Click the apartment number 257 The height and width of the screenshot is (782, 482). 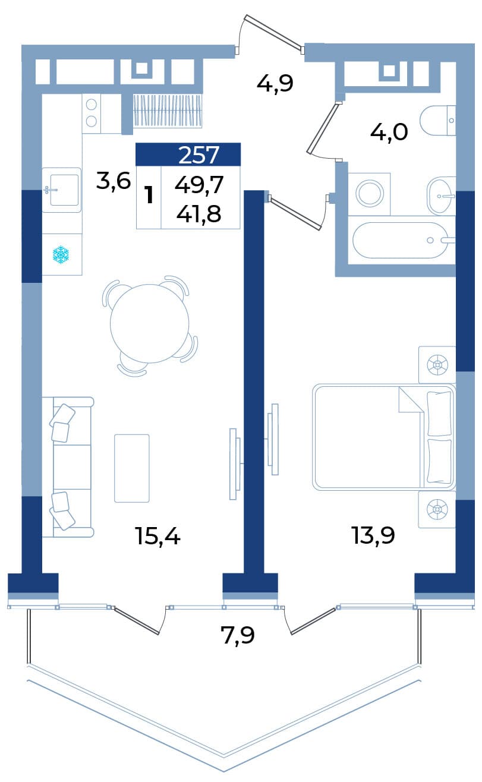pyautogui.click(x=199, y=154)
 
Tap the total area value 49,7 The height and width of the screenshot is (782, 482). pyautogui.click(x=199, y=185)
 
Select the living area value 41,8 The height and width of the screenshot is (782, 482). pyautogui.click(x=199, y=214)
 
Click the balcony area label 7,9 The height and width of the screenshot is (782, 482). pyautogui.click(x=238, y=635)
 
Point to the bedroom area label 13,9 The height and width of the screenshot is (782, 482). pyautogui.click(x=373, y=535)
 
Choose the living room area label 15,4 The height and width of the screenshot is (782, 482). pyautogui.click(x=157, y=536)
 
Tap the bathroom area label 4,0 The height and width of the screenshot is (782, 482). pyautogui.click(x=389, y=133)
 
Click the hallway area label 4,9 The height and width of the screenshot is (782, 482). pyautogui.click(x=275, y=84)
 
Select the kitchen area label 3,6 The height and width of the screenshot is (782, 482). pyautogui.click(x=114, y=181)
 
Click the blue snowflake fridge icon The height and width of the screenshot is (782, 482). pyautogui.click(x=61, y=254)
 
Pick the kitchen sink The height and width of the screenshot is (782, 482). pyautogui.click(x=61, y=190)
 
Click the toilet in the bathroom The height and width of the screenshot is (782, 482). pyautogui.click(x=438, y=121)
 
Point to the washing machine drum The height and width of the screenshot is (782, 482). pyautogui.click(x=370, y=193)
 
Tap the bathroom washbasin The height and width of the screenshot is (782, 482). pyautogui.click(x=441, y=196)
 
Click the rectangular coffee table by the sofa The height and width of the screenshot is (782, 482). pyautogui.click(x=132, y=468)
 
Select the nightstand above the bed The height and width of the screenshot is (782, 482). pyautogui.click(x=437, y=365)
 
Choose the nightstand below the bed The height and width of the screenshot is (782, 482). pyautogui.click(x=437, y=510)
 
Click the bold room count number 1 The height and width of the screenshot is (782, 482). pyautogui.click(x=150, y=195)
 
